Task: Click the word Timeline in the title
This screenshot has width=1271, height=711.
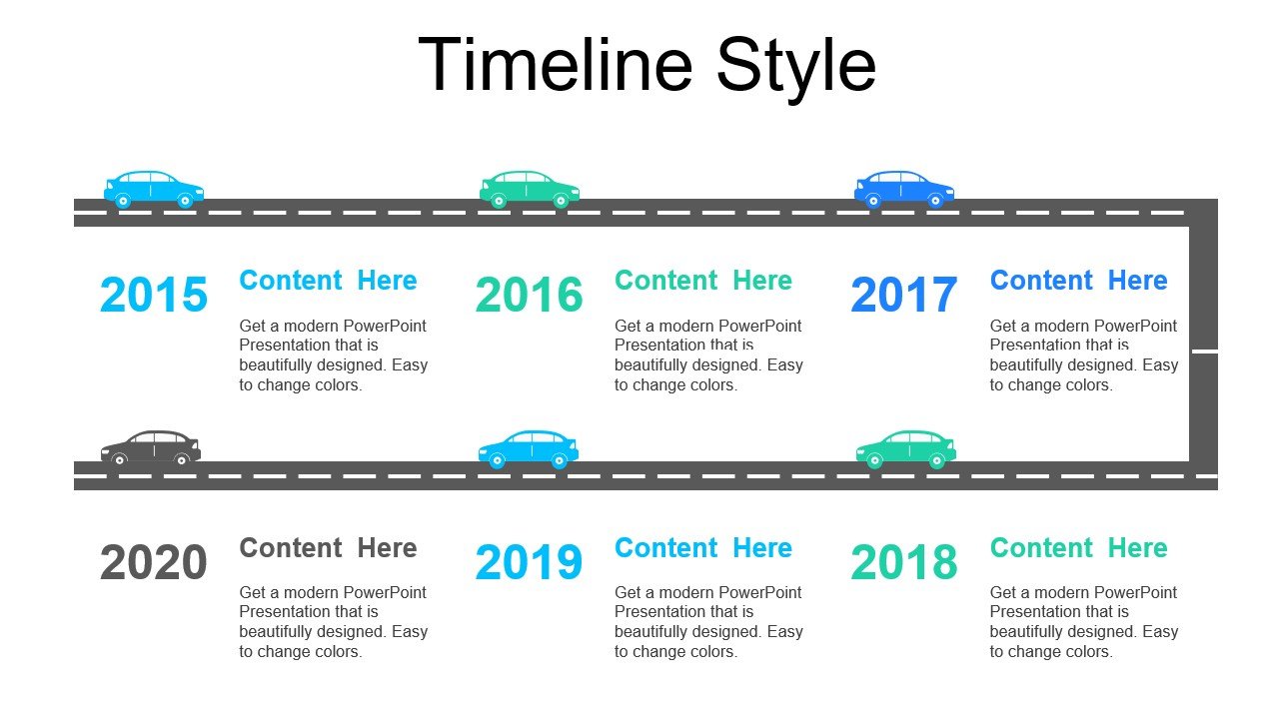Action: (556, 66)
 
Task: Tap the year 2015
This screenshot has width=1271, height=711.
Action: (154, 296)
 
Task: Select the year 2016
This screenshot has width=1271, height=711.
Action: (529, 296)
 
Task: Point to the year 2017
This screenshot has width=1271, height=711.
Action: (903, 296)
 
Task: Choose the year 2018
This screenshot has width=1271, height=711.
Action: (903, 563)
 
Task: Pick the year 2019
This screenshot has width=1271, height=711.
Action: (529, 563)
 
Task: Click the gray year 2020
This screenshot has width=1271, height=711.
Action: (154, 563)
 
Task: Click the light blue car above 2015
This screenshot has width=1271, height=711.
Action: (154, 188)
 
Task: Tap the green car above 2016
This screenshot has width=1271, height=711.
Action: (530, 188)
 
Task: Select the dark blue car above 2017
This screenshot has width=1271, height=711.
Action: (904, 188)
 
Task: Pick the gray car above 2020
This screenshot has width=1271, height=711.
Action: (151, 448)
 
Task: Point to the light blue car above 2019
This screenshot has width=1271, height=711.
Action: (529, 448)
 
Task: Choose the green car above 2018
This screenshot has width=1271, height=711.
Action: (905, 448)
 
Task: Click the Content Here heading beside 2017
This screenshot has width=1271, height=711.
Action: (1078, 281)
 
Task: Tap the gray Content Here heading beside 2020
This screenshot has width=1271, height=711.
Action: (328, 548)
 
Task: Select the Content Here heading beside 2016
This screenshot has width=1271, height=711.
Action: (702, 281)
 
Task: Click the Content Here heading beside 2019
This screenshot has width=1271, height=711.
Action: (702, 548)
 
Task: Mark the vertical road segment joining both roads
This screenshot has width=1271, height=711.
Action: (1203, 345)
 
